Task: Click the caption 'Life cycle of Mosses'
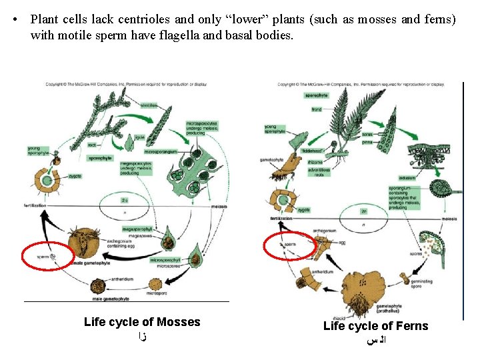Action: click(x=142, y=322)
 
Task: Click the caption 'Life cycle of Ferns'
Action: click(x=375, y=326)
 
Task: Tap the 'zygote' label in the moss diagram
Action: click(x=75, y=176)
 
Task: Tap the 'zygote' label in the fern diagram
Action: click(x=305, y=209)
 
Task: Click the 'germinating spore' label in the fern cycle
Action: click(x=421, y=284)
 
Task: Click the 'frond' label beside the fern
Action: click(x=316, y=109)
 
